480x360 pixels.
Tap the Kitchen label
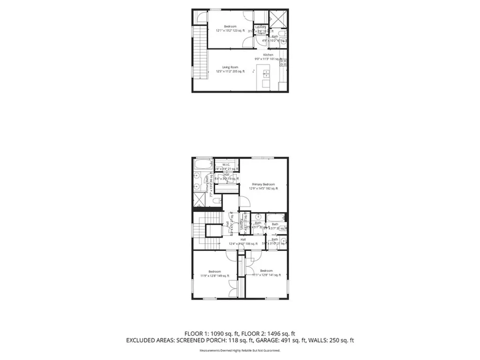pyautogui.click(x=268, y=55)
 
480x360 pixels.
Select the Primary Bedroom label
pyautogui.click(x=263, y=184)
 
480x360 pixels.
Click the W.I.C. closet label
pyautogui.click(x=226, y=165)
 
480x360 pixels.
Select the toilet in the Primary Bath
pyautogui.click(x=216, y=201)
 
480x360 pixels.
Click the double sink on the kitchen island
pyautogui.click(x=266, y=74)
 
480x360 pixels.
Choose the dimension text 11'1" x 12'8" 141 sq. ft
pyautogui.click(x=266, y=275)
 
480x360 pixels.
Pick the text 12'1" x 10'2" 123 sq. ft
pyautogui.click(x=230, y=31)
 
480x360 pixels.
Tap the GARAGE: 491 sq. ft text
pyautogui.click(x=283, y=340)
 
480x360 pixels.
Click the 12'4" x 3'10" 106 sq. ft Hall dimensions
pyautogui.click(x=243, y=244)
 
